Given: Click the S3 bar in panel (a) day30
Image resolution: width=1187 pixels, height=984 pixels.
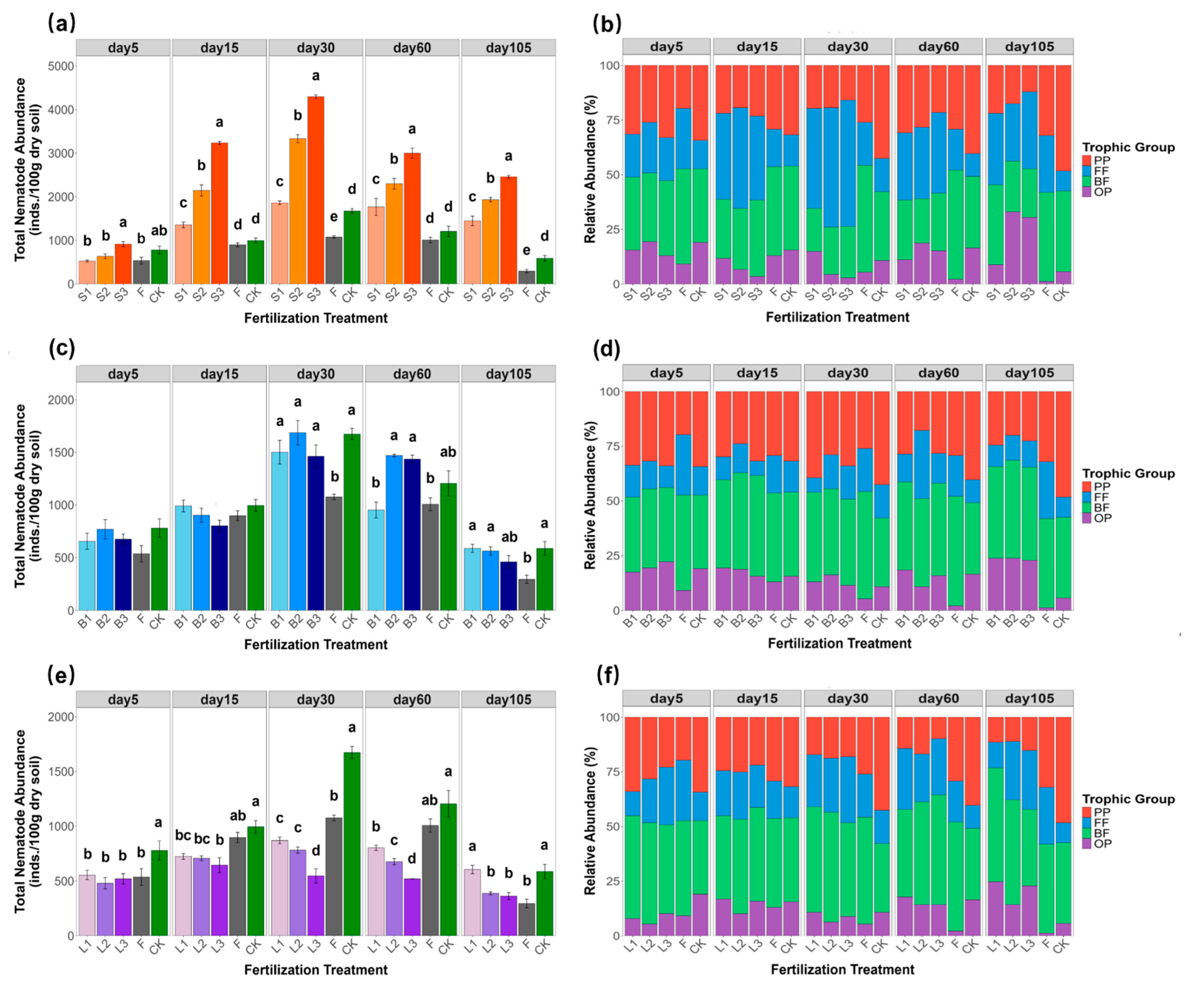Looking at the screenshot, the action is [316, 190].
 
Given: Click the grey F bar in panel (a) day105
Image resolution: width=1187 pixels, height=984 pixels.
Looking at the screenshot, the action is [527, 277].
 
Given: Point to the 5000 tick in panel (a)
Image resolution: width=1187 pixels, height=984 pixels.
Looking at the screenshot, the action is [59, 66].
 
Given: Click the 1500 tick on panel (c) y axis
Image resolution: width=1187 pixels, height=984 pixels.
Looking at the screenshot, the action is [59, 452].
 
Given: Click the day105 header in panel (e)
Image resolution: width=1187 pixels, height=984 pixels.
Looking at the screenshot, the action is [508, 699].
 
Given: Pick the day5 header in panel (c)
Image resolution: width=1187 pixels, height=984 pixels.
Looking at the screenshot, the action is [123, 374].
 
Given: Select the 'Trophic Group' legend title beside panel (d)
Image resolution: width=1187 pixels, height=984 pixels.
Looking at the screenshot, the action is [1128, 473].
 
